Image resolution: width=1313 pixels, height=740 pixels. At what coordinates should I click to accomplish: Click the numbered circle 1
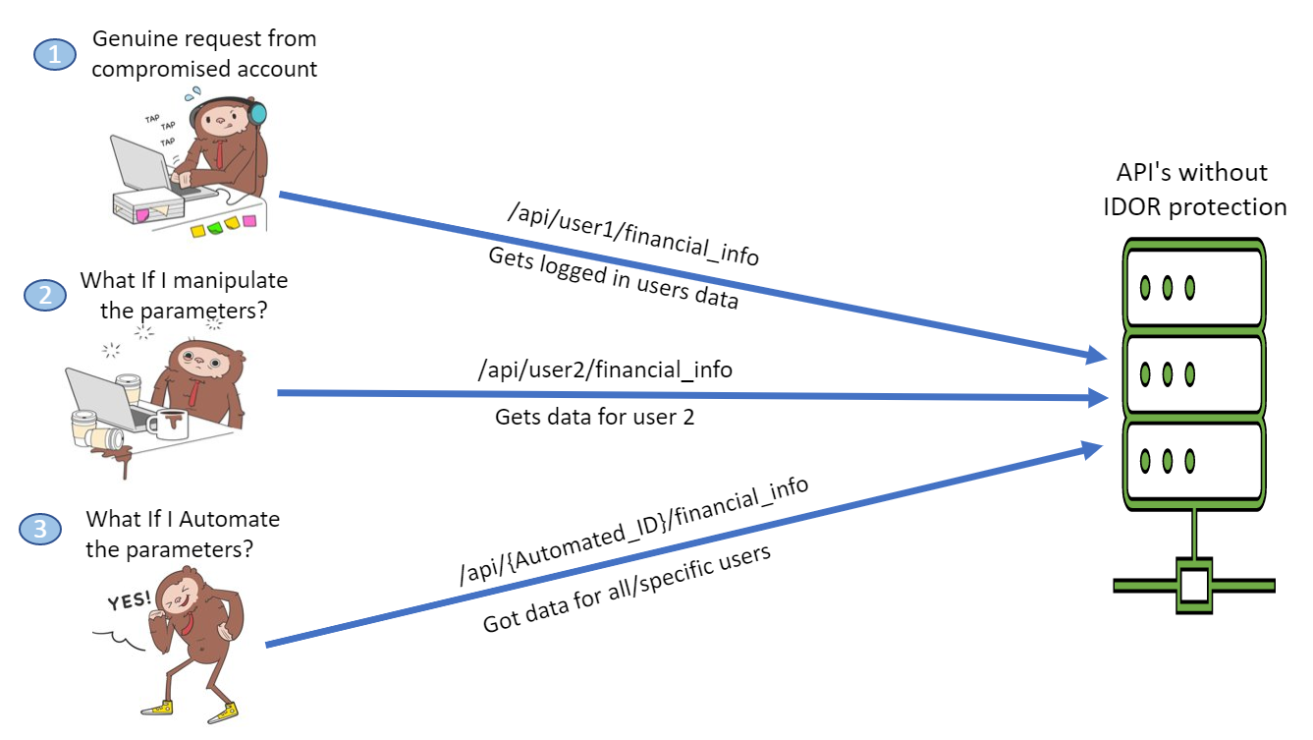tap(55, 55)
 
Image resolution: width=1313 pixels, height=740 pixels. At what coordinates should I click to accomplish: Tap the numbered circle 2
tap(46, 294)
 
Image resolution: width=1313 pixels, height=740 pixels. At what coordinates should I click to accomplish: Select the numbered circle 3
tap(40, 530)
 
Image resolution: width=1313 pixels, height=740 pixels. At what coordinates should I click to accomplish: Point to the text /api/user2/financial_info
tap(604, 370)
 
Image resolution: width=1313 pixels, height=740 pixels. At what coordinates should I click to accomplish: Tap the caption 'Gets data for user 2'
tap(594, 417)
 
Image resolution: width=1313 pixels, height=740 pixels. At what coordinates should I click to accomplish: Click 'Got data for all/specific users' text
tap(627, 590)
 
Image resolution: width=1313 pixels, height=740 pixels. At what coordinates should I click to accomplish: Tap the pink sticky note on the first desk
tap(248, 219)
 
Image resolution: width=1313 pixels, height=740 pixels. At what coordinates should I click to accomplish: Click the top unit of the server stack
tap(1193, 286)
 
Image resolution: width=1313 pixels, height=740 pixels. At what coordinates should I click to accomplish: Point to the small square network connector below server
tap(1193, 585)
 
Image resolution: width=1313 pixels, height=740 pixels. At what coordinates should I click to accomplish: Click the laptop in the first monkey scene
tap(142, 167)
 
